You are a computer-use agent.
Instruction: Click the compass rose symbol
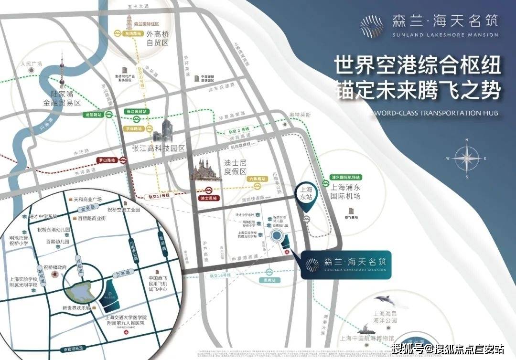coord(467,158)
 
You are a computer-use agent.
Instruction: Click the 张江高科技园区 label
coord(159,148)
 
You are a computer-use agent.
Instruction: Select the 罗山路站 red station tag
coord(107,160)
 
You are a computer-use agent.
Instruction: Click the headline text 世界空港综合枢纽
coord(417,65)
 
